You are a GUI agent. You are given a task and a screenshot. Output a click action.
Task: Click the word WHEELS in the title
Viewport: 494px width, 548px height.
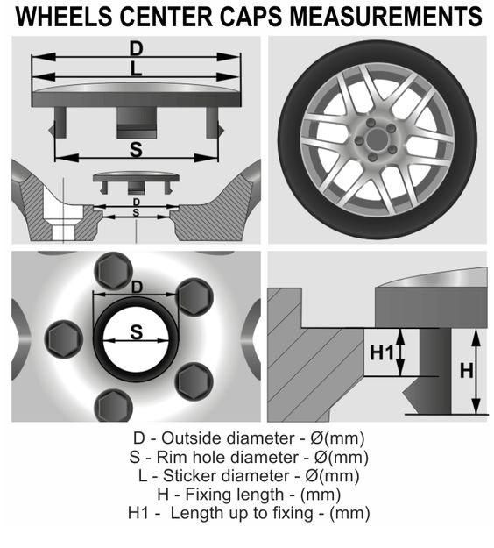click(64, 17)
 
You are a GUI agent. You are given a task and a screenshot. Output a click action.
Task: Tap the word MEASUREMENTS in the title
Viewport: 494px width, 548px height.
click(386, 17)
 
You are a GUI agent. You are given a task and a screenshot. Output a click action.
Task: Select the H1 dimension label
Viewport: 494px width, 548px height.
click(382, 352)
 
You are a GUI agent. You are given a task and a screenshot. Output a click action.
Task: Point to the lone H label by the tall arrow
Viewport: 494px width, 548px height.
click(467, 371)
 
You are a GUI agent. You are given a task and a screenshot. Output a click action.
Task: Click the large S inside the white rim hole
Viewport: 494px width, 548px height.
click(136, 332)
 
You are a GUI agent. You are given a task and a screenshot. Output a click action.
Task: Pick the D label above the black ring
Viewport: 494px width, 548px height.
click(137, 288)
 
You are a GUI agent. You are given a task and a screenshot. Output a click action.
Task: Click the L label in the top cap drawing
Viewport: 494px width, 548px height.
click(136, 68)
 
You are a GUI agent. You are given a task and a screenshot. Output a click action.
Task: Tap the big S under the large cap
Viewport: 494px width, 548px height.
click(136, 150)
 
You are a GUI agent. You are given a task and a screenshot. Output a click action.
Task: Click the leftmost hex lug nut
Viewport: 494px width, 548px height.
click(64, 339)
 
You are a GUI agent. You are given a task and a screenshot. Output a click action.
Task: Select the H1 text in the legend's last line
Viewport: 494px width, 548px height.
click(138, 513)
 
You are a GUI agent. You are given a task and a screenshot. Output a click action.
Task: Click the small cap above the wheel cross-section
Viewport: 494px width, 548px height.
click(136, 182)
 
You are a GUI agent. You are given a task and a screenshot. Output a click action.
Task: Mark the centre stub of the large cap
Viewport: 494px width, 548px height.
click(137, 123)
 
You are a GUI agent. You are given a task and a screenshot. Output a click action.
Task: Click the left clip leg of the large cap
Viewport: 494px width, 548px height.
click(60, 123)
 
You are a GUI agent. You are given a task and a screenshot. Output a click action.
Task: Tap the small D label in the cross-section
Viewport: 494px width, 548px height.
click(136, 202)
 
